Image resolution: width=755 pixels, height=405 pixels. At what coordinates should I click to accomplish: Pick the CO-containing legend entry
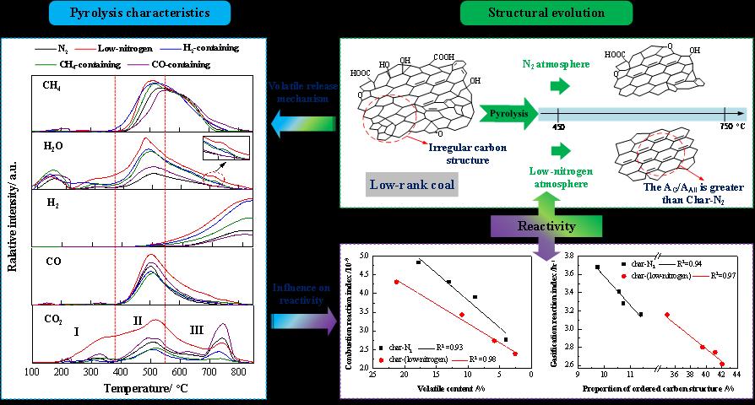tap(177, 63)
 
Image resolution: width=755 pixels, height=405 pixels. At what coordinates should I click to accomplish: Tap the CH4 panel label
tap(52, 85)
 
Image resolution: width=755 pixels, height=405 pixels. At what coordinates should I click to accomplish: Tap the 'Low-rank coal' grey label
tap(413, 184)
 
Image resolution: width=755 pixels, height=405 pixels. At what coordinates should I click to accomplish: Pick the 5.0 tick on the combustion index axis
tap(365, 255)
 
